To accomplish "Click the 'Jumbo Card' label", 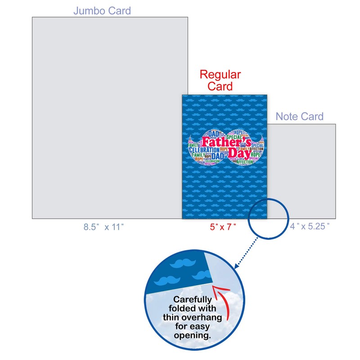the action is click(102, 10).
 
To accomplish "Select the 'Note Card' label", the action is click(299, 117).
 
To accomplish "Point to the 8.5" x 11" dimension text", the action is click(103, 227).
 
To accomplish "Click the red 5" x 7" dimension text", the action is click(223, 227).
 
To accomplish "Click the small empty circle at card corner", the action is click(269, 219).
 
